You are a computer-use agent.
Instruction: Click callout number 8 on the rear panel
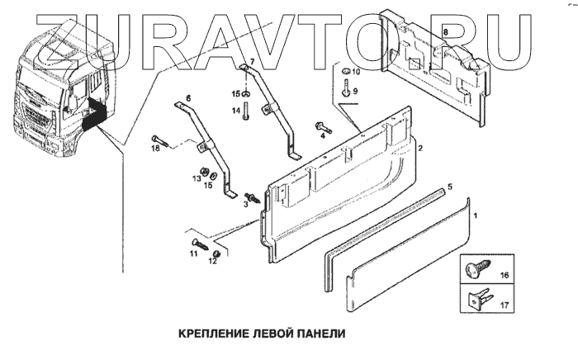446,31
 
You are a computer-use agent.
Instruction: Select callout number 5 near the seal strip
449,188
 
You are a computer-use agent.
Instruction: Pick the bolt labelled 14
246,112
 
